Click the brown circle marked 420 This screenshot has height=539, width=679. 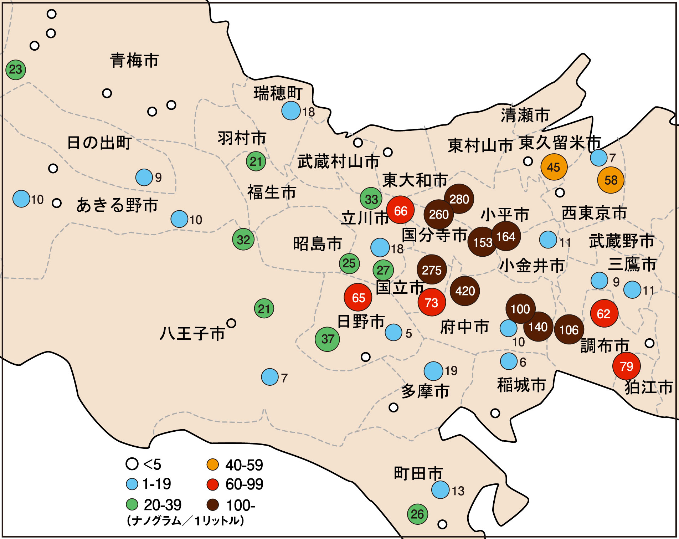465,291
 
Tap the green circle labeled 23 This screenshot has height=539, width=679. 16,70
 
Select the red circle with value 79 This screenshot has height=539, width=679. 626,366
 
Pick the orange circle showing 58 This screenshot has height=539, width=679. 611,180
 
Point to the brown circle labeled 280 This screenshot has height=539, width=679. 459,199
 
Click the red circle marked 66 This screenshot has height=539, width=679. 400,210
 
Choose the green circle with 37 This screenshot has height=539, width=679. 327,339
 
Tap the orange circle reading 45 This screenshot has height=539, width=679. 554,167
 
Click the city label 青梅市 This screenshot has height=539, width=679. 134,61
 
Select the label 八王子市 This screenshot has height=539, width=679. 192,334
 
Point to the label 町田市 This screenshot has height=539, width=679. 418,474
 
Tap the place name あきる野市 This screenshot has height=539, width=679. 117,205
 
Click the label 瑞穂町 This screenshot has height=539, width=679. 278,93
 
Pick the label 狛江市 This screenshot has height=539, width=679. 649,387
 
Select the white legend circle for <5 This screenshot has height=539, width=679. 132,464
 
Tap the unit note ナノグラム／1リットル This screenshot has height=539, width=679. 185,521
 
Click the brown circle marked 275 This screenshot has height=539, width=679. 432,270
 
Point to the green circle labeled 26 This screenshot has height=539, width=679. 417,514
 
